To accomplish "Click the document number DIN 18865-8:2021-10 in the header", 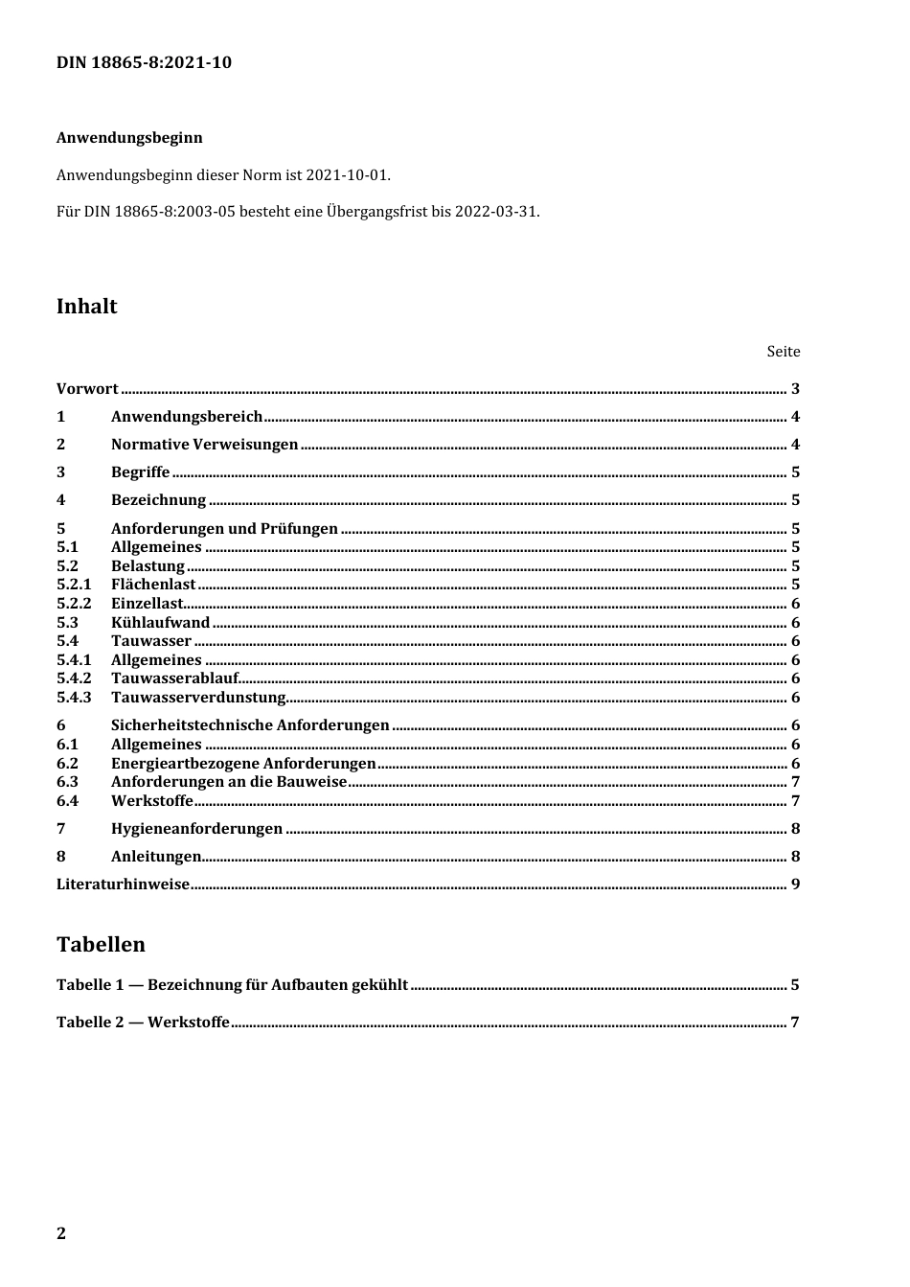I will pos(144,63).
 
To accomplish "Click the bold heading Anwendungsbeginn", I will pos(129,138).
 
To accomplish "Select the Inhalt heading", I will pos(87,307).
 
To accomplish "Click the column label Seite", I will pos(783,352).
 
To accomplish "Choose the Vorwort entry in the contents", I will pos(87,389).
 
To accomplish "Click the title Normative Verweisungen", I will pos(204,445).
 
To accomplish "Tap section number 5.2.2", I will pos(74,604).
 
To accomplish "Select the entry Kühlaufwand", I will pos(160,623).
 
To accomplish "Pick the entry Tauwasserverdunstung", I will pos(198,698).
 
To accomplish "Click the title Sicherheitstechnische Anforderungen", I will pos(250,725).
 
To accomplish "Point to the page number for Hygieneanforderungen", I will pos(795,829).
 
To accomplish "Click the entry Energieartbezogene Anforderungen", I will pos(243,764).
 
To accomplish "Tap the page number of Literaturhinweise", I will pos(795,885).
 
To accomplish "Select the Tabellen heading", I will pos(101,945).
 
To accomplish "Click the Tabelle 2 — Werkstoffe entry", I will pos(143,1023).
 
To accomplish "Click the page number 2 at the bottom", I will pos(61,1233).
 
